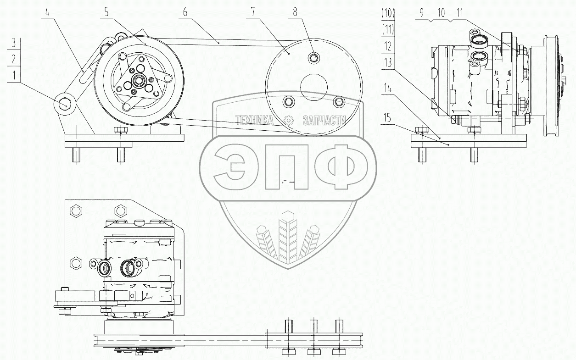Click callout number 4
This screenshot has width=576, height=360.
pos(47,12)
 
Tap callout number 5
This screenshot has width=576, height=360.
pos(106,12)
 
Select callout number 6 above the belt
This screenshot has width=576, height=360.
pos(185,12)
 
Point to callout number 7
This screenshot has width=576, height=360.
pos(253,12)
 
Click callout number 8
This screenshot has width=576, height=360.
pos(295,12)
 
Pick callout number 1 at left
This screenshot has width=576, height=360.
pos(14,75)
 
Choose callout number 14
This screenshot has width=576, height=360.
pos(387,88)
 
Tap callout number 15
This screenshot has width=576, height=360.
pos(387,118)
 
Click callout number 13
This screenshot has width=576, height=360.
pos(387,62)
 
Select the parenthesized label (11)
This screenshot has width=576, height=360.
pos(388,30)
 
